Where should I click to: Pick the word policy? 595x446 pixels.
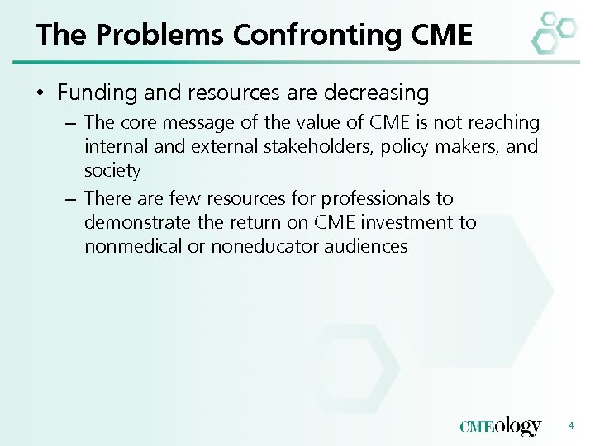click(402, 147)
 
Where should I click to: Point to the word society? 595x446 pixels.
click(112, 171)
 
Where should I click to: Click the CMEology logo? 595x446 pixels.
click(500, 426)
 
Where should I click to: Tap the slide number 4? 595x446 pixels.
click(570, 425)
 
